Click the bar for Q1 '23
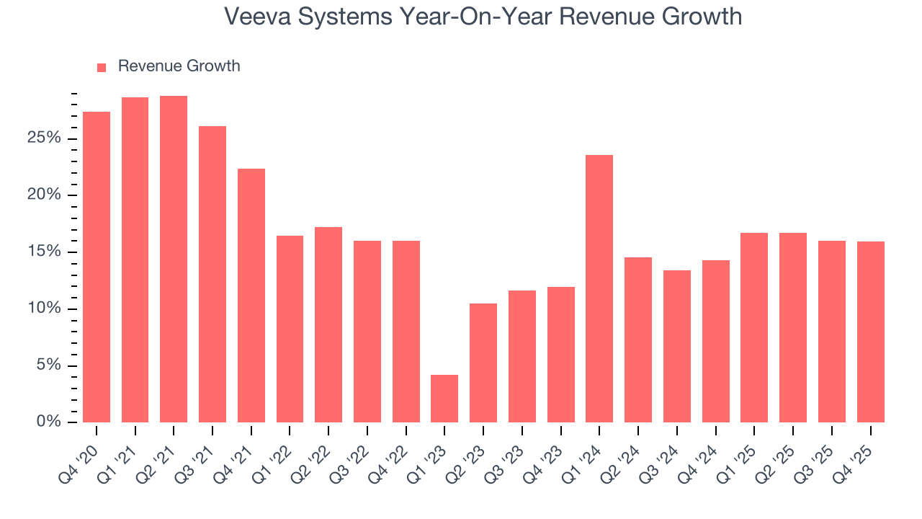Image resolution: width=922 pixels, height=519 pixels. tap(444, 399)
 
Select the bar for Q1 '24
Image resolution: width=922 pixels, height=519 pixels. tap(599, 288)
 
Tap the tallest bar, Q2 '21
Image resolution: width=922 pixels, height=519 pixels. tap(174, 259)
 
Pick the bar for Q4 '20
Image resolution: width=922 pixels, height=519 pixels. tap(97, 267)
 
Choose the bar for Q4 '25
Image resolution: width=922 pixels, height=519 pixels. tap(870, 332)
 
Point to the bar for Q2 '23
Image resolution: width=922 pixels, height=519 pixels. tap(483, 363)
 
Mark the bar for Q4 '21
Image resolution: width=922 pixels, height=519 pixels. tap(251, 296)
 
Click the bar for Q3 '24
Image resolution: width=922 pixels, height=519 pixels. tap(676, 346)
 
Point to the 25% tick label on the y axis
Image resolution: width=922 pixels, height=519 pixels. tap(44, 138)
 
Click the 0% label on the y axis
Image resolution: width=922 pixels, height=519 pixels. tap(48, 422)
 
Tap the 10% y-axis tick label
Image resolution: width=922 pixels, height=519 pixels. tap(44, 309)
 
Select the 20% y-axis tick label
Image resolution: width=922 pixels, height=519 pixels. tap(44, 195)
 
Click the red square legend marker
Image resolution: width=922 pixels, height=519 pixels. tap(102, 67)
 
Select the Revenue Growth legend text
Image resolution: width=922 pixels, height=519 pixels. tap(179, 66)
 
